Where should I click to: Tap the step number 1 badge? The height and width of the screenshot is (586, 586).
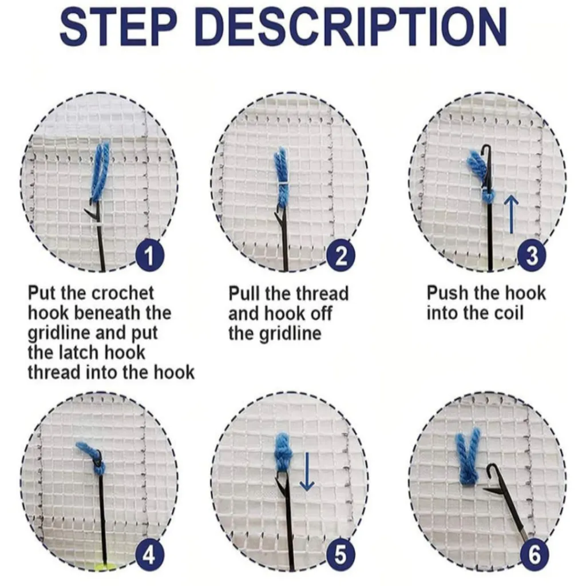click(149, 256)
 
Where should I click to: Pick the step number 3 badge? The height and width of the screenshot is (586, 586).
click(532, 256)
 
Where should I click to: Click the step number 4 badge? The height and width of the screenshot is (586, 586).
click(149, 555)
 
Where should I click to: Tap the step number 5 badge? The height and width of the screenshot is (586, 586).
click(340, 555)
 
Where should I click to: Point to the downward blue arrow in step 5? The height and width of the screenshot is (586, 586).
click(307, 472)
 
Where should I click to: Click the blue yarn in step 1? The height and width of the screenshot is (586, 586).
click(101, 171)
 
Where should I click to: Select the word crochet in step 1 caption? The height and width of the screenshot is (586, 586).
click(122, 293)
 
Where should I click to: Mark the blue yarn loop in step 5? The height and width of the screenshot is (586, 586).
click(283, 455)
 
